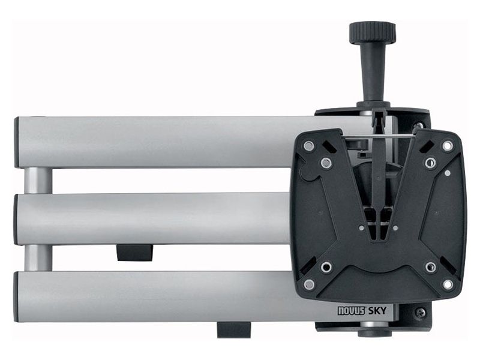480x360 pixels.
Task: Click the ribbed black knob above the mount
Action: pos(372,32)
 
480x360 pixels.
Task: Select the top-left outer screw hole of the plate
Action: pos(308,146)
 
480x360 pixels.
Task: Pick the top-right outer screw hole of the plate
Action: pos(448,146)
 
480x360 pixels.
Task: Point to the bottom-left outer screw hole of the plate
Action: pos(308,284)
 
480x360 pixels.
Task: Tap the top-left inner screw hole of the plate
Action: pos(326,163)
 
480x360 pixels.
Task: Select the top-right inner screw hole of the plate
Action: pos(430,163)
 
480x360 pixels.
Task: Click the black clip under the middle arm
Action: pos(134,252)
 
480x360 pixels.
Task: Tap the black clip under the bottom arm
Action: pos(233,329)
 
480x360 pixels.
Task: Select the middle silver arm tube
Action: pos(150,218)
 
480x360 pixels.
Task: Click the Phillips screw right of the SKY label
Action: pos(419,313)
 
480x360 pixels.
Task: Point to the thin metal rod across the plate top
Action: pos(378,136)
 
